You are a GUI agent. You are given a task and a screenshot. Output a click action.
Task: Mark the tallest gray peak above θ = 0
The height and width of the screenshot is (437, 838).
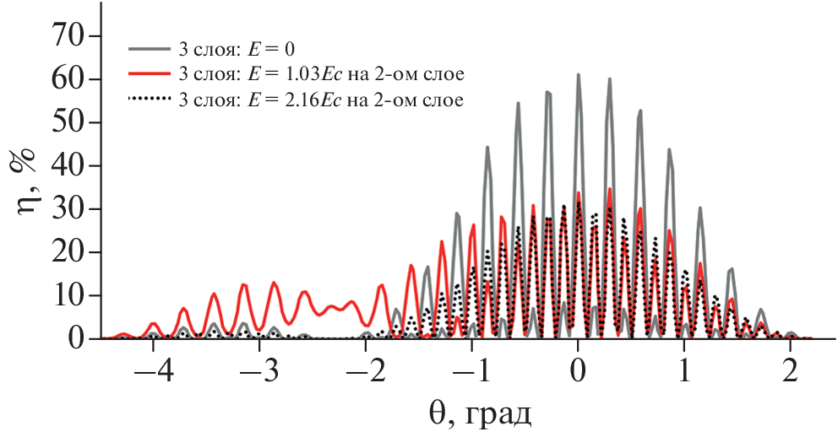(579, 75)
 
